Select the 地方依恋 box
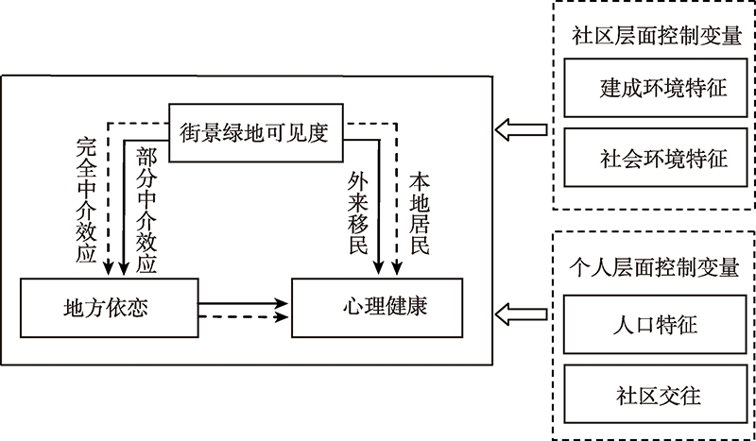coord(110,307)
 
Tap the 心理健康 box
coord(378,307)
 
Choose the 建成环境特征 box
coord(648,88)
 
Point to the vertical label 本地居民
coord(419,213)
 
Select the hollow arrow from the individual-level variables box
coord(521,309)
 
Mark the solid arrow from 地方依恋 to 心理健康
coord(244,304)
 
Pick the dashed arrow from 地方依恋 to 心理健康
coord(244,318)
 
